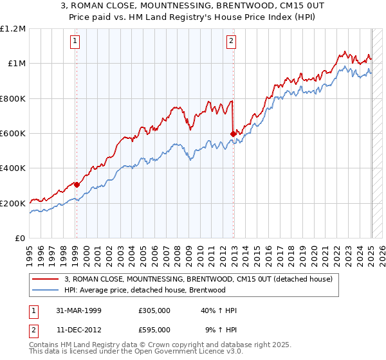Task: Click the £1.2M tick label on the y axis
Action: click(14, 29)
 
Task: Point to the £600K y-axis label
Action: click(14, 134)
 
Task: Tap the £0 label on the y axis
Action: click(21, 239)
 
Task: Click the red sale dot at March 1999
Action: click(77, 184)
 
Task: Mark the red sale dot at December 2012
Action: click(232, 134)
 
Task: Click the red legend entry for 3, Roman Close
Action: click(198, 279)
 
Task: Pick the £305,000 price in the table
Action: click(154, 310)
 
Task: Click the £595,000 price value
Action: click(154, 330)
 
